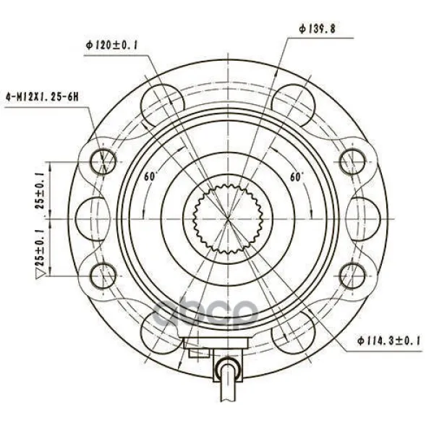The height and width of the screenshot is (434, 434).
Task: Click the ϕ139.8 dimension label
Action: (318, 28)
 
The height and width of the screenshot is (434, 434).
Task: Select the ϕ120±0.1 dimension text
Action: (112, 45)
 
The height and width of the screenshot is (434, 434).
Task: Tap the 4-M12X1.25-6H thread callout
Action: (42, 97)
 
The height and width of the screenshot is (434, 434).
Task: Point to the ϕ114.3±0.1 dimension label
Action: (389, 341)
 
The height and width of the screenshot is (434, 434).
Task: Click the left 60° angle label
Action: (150, 176)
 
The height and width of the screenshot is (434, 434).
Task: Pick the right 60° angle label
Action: (297, 176)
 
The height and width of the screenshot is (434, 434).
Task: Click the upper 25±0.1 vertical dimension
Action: (40, 190)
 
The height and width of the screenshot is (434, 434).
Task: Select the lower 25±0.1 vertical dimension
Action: (41, 247)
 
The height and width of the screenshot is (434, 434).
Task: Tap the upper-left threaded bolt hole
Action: (103, 161)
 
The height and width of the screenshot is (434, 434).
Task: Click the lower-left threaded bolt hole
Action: (103, 276)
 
